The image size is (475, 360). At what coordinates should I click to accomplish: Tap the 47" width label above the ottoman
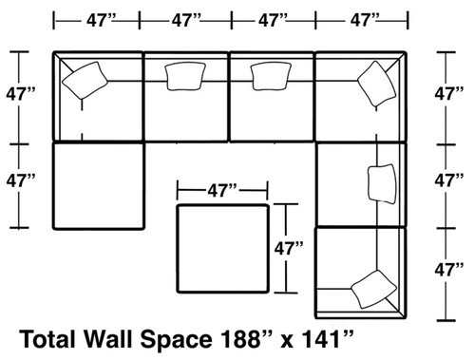coord(222,190)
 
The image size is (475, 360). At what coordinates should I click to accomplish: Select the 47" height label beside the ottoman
coord(289,250)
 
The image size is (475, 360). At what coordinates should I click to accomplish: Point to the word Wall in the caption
coord(132,338)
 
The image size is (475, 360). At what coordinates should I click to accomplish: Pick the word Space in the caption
coord(203,338)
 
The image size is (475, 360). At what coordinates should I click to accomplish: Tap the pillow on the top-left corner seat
coord(86,79)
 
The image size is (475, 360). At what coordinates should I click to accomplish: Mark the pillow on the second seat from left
coord(184,77)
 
